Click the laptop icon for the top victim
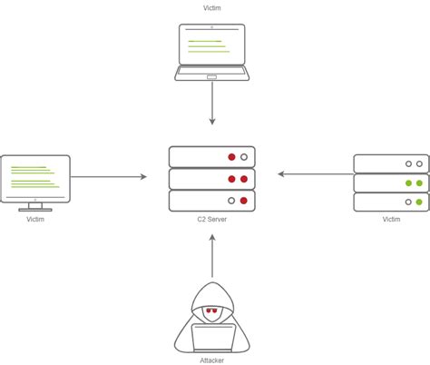pos(212,53)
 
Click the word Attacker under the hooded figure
pos(211,360)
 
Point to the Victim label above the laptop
pos(211,9)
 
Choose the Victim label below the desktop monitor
pos(34,220)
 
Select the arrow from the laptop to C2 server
pos(212,107)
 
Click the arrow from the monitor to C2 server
pos(108,177)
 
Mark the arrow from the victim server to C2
pos(315,173)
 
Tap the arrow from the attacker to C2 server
pos(211,256)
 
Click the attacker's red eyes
pos(211,311)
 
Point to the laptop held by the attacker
pos(212,337)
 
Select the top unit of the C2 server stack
pos(212,156)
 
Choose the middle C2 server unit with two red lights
pos(212,178)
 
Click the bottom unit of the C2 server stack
pos(212,200)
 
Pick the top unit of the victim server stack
pos(391,164)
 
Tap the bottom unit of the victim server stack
pos(391,202)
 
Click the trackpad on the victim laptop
pos(212,77)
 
